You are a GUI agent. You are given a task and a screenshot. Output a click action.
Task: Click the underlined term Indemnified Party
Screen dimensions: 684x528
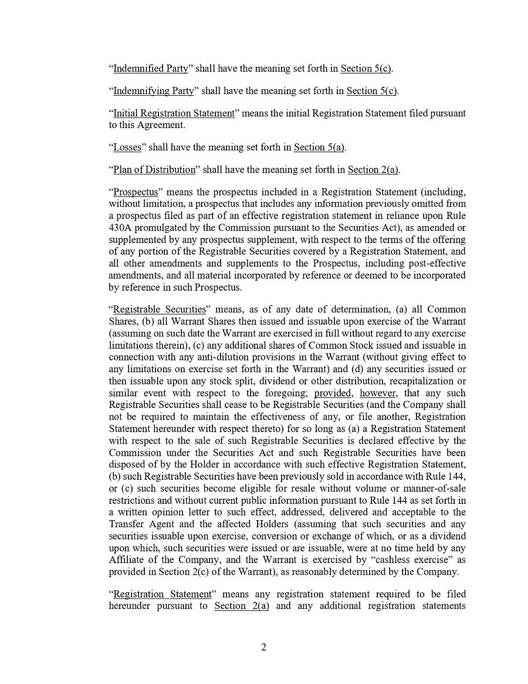150,69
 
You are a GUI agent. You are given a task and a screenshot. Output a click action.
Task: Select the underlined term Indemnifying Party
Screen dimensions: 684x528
153,91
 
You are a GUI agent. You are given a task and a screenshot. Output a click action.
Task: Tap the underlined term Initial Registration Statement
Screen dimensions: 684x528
174,113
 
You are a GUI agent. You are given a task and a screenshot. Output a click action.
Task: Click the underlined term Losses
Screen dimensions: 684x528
127,147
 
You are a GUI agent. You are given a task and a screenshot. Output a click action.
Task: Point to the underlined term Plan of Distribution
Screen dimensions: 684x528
154,170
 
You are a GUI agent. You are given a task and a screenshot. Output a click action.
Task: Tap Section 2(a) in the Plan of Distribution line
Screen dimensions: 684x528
373,170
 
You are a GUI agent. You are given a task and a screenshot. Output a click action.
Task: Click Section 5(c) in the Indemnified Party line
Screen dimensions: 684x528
366,69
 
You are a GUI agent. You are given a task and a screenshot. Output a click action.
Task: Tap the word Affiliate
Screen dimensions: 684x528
127,561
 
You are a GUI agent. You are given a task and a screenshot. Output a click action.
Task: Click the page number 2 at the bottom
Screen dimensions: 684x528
263,648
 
